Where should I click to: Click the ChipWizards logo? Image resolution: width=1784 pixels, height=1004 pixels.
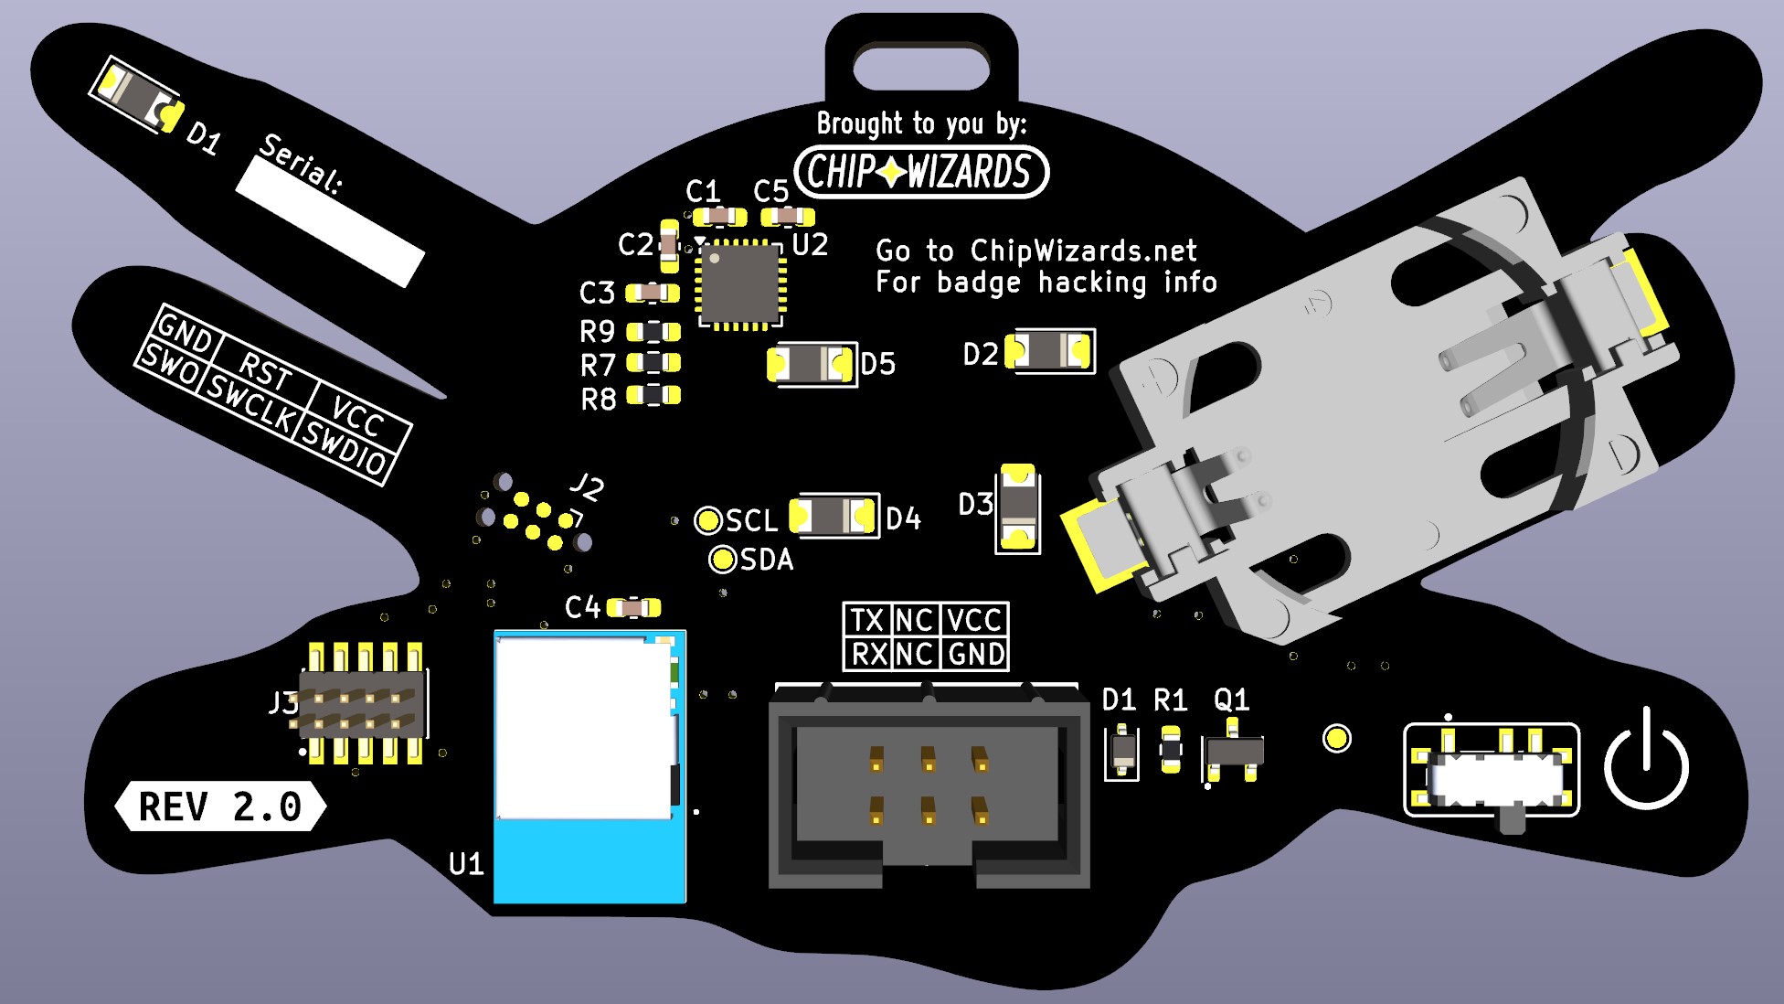[921, 171]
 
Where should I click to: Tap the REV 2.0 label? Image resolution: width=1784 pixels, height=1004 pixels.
[220, 806]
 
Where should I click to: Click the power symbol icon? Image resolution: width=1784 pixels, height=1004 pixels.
[1646, 758]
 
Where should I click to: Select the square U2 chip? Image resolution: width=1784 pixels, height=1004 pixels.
[741, 283]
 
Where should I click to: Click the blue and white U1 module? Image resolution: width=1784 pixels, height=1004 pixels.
[589, 766]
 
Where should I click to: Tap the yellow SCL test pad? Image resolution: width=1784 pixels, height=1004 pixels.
[708, 520]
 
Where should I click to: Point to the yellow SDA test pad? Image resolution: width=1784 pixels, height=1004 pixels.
[723, 559]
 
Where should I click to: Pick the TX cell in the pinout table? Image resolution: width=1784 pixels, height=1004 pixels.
[866, 620]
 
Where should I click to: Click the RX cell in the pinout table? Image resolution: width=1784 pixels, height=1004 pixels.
[866, 654]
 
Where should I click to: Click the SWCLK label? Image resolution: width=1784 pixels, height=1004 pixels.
[250, 403]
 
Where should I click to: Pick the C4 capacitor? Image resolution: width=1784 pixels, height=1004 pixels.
[633, 607]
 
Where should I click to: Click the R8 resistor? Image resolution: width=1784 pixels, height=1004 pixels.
[653, 395]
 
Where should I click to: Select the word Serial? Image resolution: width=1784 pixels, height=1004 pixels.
[302, 163]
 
